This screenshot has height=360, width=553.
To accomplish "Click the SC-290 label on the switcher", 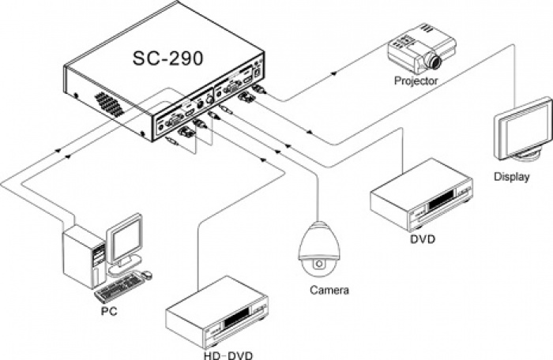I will pos(167,60).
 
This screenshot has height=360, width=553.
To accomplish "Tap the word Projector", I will pos(416,81).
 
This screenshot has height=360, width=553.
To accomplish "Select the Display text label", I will pos(511,177).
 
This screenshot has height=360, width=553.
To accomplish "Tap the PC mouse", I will pos(148,275).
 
